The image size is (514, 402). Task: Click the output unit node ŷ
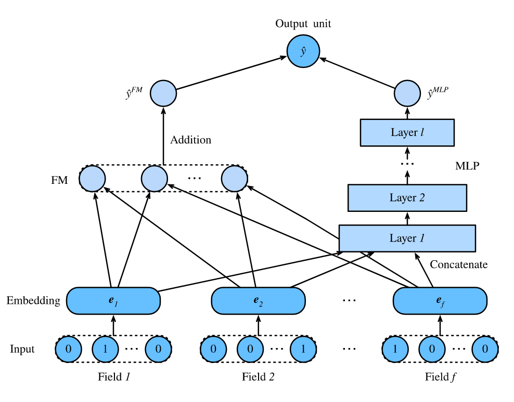click(x=303, y=52)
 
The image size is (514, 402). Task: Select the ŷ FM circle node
click(x=163, y=94)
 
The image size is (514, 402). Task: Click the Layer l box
click(x=407, y=132)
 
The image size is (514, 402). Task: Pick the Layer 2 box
click(x=407, y=197)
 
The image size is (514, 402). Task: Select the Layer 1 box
click(x=407, y=238)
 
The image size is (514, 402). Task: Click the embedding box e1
click(x=113, y=301)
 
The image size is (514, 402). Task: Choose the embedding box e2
click(x=258, y=301)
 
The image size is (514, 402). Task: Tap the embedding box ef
click(x=440, y=301)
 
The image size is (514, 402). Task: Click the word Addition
click(x=191, y=140)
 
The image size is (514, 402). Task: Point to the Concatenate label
click(x=458, y=264)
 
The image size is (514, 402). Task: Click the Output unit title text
click(x=303, y=23)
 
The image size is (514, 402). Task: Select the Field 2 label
click(x=258, y=376)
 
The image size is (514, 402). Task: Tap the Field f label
click(x=440, y=376)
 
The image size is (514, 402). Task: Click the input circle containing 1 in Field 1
click(x=105, y=349)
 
